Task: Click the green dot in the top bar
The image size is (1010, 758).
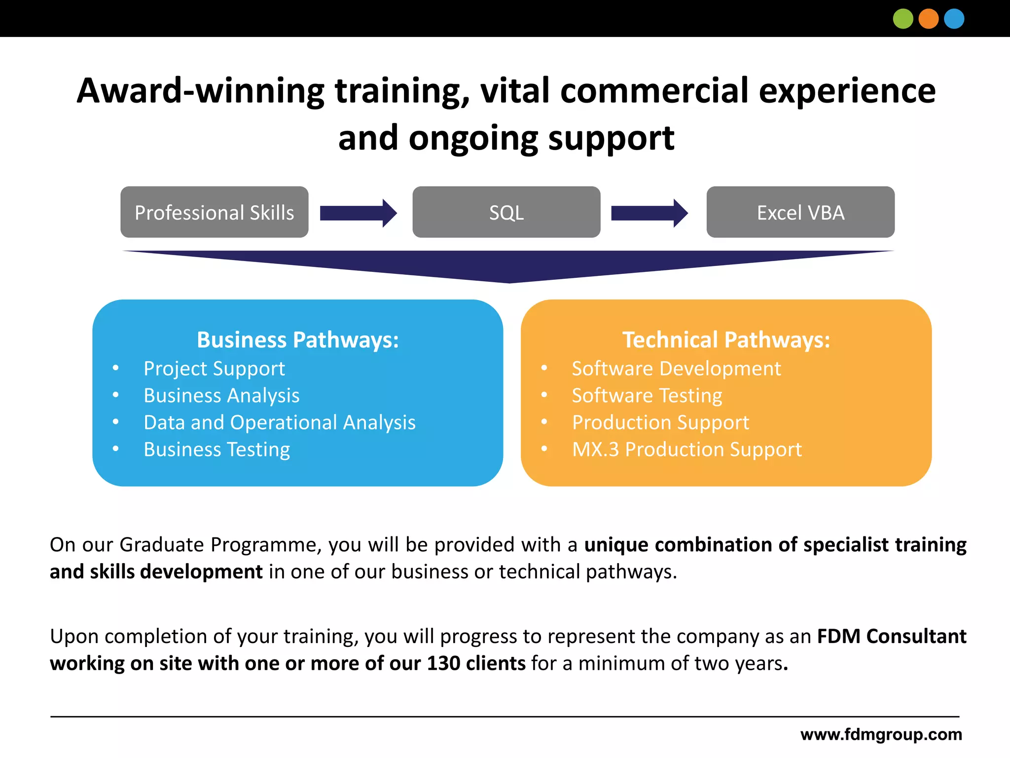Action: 903,19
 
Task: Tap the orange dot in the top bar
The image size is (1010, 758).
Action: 929,19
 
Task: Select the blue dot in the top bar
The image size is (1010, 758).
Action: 954,19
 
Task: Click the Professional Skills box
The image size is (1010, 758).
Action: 215,212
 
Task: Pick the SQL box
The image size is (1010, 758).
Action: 506,212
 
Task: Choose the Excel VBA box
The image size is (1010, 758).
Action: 800,212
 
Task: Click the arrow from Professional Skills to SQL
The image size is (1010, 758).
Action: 358,213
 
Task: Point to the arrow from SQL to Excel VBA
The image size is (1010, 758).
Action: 649,213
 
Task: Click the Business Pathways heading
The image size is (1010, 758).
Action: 298,340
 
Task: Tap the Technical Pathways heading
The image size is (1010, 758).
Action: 726,340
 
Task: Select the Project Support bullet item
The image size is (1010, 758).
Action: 214,369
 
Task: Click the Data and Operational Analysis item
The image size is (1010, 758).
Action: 280,422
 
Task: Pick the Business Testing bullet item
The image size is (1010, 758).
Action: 216,450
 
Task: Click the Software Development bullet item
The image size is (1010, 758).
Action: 676,369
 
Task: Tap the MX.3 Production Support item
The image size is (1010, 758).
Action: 686,450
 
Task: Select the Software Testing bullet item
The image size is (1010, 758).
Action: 647,396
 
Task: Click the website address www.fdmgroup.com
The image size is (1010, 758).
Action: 881,734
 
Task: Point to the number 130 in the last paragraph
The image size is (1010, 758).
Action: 443,663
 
